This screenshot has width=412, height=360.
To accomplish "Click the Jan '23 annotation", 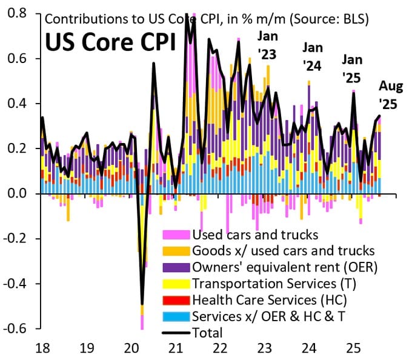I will (267, 46).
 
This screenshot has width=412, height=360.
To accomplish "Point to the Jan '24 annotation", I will (313, 56).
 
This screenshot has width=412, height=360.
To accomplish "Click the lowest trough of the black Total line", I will (142, 304).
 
